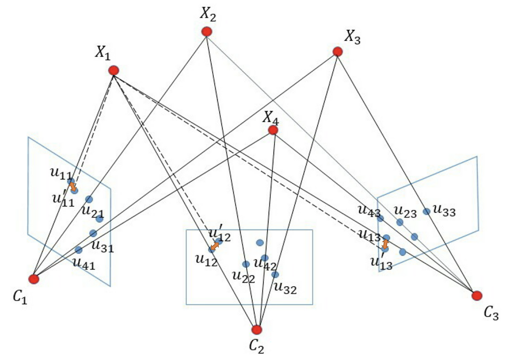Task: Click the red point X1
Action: point(114,70)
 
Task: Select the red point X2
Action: point(207,32)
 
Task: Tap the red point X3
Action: point(338,51)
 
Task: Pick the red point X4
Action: point(273,130)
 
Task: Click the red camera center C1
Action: point(34,279)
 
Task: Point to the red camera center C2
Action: point(257,330)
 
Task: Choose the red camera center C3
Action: point(477,296)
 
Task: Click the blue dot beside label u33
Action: point(427,211)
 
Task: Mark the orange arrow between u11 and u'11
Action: point(73,186)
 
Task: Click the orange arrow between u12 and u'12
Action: point(215,246)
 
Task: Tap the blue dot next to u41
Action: point(79,250)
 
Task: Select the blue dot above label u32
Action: point(275,274)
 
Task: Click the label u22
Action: point(243,277)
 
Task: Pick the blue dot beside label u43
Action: point(380,218)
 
